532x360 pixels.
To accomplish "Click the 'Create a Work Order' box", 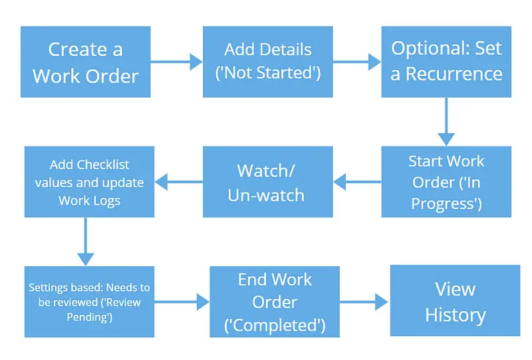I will click(85, 62).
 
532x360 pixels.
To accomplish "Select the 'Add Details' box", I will click(268, 62).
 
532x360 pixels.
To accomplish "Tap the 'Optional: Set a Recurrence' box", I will click(446, 61).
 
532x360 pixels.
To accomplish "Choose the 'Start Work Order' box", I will click(446, 182).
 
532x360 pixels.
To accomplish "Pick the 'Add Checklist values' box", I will click(89, 182).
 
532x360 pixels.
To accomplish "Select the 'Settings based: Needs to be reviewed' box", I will click(89, 301).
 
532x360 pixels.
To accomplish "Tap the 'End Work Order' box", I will click(275, 301).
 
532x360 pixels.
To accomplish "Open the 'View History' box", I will click(455, 301).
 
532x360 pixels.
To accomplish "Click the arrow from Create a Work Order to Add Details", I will click(176, 62).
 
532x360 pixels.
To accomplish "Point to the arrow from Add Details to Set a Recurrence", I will click(356, 62).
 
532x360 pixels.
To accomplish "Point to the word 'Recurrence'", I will click(455, 73).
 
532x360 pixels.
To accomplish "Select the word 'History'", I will click(455, 314).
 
